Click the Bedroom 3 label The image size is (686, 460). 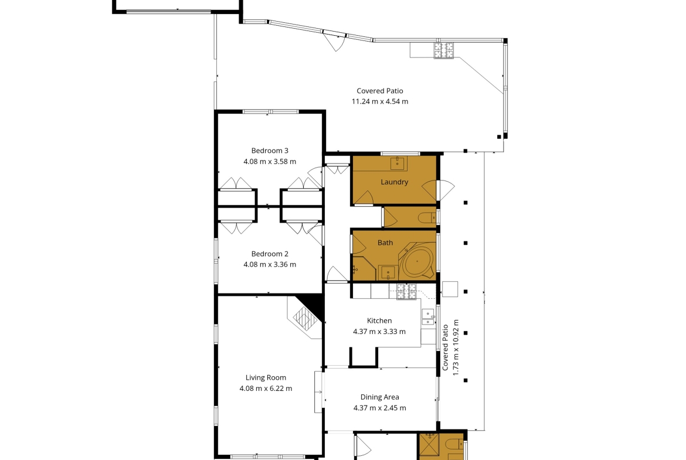(270, 151)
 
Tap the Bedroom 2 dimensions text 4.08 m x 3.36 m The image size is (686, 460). (270, 264)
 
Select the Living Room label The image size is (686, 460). (266, 378)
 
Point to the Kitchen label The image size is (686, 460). (379, 321)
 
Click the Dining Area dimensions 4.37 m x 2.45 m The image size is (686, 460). (379, 408)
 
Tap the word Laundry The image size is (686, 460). (394, 182)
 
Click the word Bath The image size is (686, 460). (385, 243)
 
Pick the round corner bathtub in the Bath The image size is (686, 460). (417, 261)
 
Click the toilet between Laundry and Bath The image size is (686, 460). (427, 217)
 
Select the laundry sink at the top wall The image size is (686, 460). (398, 163)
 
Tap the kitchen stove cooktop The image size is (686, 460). (406, 292)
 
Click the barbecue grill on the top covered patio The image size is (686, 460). (444, 50)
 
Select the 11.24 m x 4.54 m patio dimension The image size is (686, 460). (380, 101)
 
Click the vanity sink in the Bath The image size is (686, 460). (388, 273)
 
